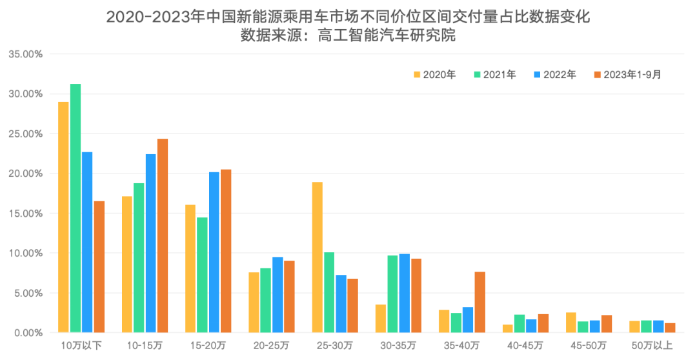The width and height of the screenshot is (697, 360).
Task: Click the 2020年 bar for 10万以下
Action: pyautogui.click(x=63, y=217)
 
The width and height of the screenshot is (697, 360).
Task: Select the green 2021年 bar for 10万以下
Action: pyautogui.click(x=76, y=208)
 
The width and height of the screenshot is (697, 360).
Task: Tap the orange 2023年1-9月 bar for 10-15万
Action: pyautogui.click(x=163, y=235)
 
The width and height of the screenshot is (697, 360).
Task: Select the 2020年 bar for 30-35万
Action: pyautogui.click(x=381, y=318)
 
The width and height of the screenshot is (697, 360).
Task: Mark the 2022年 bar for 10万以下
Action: pyautogui.click(x=87, y=242)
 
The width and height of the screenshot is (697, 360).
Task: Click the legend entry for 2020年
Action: pyautogui.click(x=434, y=75)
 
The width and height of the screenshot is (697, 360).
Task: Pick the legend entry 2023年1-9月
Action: pyautogui.click(x=627, y=75)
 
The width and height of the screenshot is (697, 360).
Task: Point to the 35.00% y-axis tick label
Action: pyautogui.click(x=25, y=54)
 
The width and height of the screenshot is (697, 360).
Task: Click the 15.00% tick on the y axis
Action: pyautogui.click(x=25, y=214)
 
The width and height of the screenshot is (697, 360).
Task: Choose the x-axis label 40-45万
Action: pyautogui.click(x=526, y=345)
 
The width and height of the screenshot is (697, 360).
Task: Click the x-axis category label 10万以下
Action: pyautogui.click(x=81, y=345)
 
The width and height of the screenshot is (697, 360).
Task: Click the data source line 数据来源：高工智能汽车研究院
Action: pyautogui.click(x=348, y=37)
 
